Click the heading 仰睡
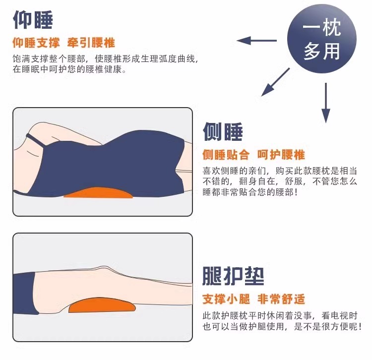(33, 20)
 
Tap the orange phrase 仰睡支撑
(36, 43)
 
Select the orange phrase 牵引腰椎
(91, 43)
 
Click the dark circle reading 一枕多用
(322, 38)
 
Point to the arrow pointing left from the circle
(257, 41)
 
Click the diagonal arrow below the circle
(275, 82)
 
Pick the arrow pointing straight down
(326, 103)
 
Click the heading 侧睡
(223, 131)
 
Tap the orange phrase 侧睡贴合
(226, 155)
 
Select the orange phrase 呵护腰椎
(281, 155)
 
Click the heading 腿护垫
(233, 276)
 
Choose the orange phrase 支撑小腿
(226, 299)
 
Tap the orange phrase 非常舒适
(281, 299)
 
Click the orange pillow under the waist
(99, 193)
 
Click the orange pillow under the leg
(102, 305)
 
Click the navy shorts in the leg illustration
(25, 294)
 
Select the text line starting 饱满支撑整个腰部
(105, 59)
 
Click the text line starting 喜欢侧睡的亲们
(280, 171)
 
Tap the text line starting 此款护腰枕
(280, 316)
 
